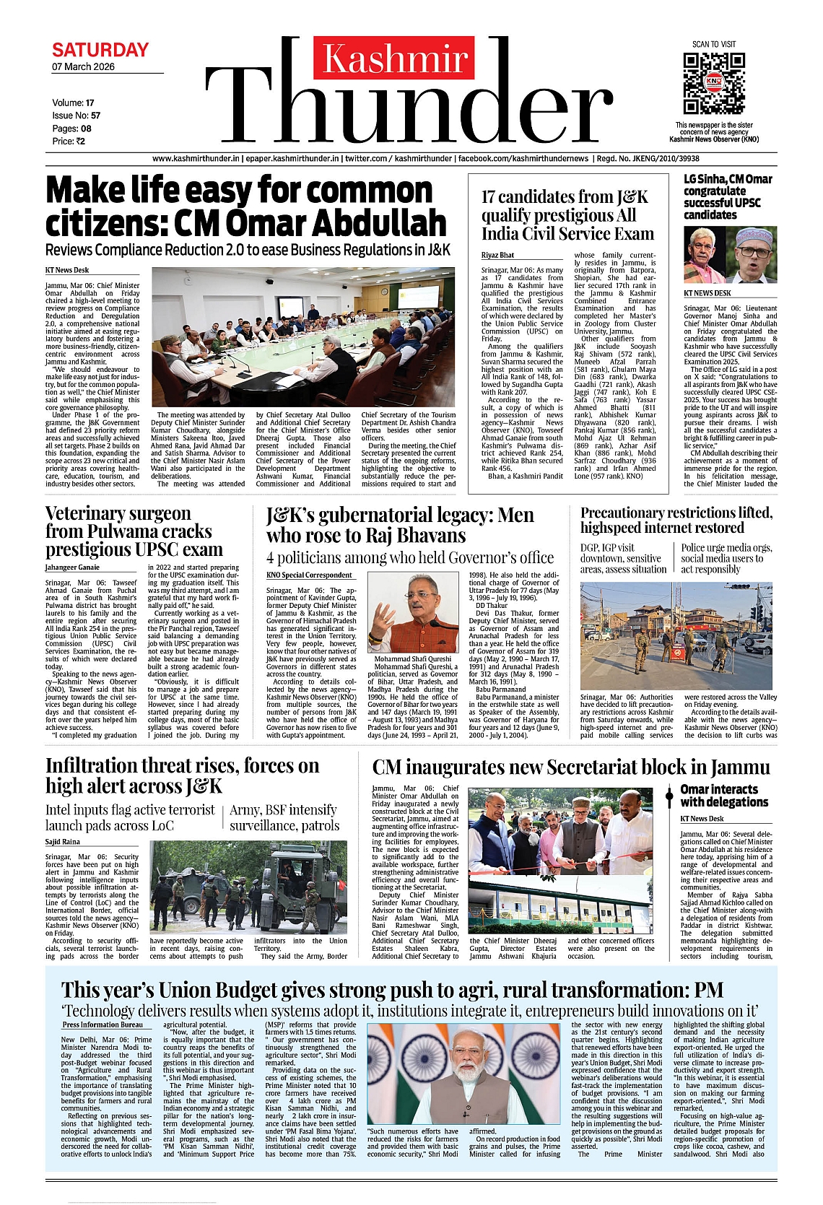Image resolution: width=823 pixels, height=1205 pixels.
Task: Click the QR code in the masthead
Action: [713, 82]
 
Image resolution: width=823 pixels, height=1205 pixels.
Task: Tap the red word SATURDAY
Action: [100, 51]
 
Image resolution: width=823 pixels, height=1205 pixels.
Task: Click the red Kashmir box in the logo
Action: [393, 58]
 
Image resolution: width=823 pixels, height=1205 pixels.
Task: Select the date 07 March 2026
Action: [83, 67]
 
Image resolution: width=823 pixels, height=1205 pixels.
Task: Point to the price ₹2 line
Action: [69, 142]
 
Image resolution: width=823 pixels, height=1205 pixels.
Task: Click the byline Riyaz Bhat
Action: [498, 255]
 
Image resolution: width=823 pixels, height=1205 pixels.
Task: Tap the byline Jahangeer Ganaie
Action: [72, 567]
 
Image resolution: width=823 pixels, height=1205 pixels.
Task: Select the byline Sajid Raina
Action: [63, 842]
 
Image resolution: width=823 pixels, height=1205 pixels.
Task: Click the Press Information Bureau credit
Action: [103, 1025]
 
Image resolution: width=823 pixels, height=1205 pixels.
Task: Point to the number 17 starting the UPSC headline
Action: [489, 197]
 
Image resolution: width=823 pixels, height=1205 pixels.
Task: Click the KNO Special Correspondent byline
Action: [309, 575]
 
